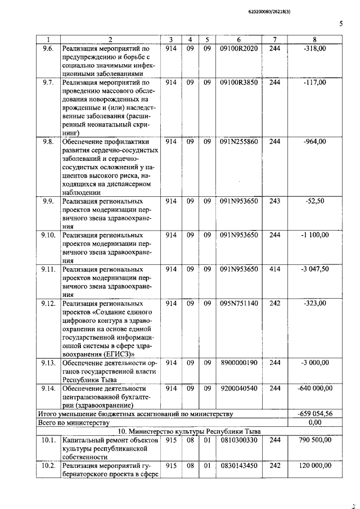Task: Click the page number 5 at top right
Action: coord(341,24)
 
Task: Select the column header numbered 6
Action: coord(238,39)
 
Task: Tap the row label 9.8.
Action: coord(48,142)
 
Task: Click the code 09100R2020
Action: coord(238,49)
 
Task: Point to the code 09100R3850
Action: coord(238,83)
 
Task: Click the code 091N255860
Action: coord(238,142)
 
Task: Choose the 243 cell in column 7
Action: coord(274,201)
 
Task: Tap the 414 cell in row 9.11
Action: coord(274,269)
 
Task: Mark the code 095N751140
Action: coord(238,303)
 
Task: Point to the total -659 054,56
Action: coord(314,413)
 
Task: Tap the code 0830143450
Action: coord(238,465)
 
